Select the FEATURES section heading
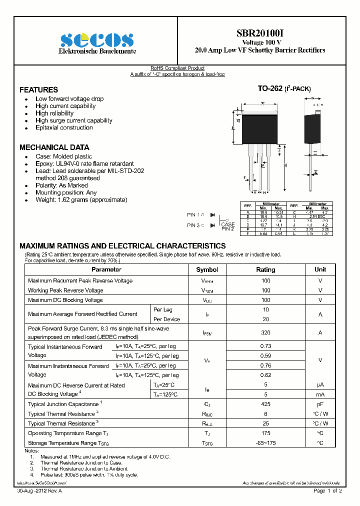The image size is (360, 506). click(38, 90)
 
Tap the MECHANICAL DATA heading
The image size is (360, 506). click(54, 147)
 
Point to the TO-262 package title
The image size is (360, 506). click(284, 88)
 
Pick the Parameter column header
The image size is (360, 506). click(106, 269)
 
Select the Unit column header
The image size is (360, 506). click(320, 269)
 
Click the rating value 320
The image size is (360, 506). click(265, 332)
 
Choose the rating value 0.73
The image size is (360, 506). click(265, 346)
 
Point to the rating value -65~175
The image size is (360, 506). click(265, 443)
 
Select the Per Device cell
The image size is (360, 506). click(166, 319)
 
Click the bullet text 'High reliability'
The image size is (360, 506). click(54, 113)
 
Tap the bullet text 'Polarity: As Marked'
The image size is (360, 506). click(61, 185)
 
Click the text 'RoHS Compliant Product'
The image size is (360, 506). click(177, 68)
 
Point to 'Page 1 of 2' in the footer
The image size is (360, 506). click(327, 491)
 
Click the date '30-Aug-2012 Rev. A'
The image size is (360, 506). click(40, 491)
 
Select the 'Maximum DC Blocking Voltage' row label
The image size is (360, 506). click(65, 300)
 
